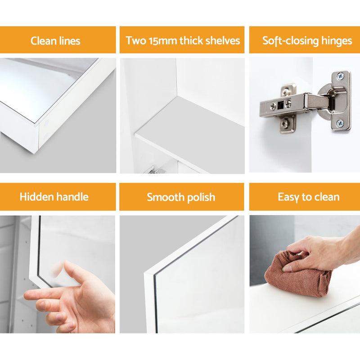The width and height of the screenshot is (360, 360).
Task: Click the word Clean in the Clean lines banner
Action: (43, 41)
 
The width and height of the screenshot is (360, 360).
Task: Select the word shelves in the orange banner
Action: (222, 40)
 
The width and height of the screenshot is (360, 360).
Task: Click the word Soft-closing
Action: (290, 41)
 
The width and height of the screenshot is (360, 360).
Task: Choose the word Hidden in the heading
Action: (36, 197)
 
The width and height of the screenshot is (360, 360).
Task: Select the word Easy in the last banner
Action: (288, 197)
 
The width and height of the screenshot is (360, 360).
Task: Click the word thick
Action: (191, 40)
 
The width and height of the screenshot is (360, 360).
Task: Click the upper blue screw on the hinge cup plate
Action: (340, 76)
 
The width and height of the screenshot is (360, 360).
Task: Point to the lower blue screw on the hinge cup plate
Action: (340, 123)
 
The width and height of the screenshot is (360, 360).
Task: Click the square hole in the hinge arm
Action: (280, 105)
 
